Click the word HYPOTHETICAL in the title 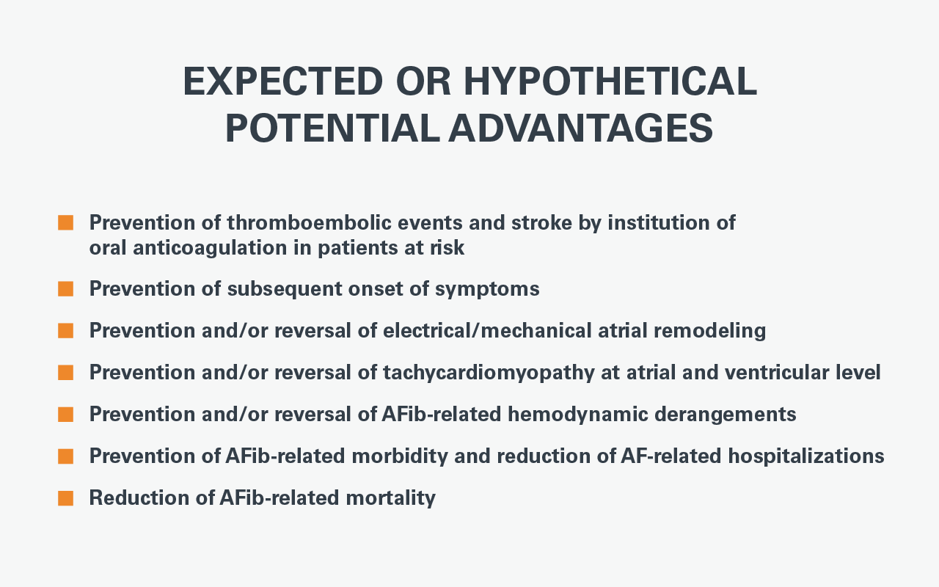[610, 81]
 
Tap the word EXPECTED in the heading [283, 81]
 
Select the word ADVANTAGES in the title [580, 128]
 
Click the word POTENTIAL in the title [332, 128]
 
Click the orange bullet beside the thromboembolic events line [66, 222]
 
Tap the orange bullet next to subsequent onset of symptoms [66, 289]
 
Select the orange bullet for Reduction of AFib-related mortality [66, 498]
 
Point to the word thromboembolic [310, 222]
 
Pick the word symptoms [487, 290]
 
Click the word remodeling [709, 331]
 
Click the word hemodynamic [578, 415]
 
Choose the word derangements [726, 415]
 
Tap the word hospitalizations [806, 456]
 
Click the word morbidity [400, 456]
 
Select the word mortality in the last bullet [391, 498]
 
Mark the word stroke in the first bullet [541, 222]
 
